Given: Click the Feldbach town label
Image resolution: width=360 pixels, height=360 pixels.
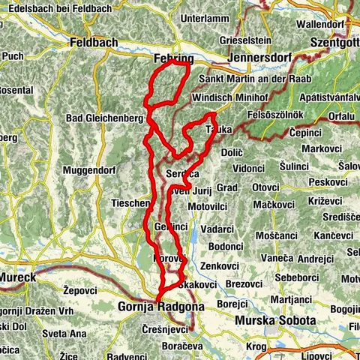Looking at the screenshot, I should pyautogui.click(x=93, y=43).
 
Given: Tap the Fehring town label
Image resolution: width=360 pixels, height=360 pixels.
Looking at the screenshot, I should pyautogui.click(x=169, y=58).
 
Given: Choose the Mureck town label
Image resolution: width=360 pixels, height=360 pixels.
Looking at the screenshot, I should pyautogui.click(x=18, y=277).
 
